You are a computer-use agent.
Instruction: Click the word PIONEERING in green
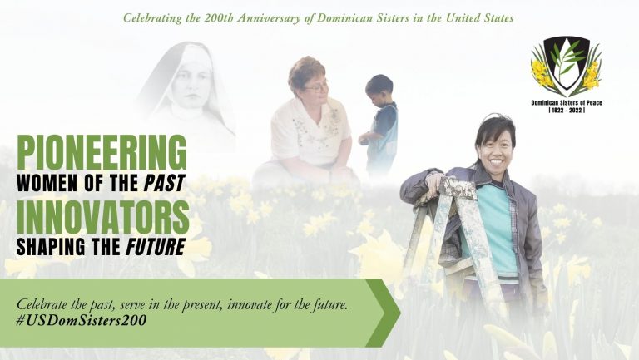pos(102,152)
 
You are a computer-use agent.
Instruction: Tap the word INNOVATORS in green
pos(102,217)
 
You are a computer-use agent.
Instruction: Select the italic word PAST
pos(165,183)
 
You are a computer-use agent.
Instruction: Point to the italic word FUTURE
pos(156,247)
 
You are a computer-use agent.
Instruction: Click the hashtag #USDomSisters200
pos(81,320)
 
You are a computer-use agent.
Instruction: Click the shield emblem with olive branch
pos(567,63)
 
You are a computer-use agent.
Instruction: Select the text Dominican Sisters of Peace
pos(567,102)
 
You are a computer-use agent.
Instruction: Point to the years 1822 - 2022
pos(567,110)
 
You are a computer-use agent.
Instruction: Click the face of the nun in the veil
pos(191,88)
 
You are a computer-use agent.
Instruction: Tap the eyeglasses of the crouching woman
pos(316,86)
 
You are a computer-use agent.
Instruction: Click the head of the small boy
pos(379,89)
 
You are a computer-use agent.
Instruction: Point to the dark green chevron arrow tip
pos(400,313)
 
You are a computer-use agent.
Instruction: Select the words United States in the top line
pos(479,18)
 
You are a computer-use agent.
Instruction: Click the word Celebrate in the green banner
pos(42,304)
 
